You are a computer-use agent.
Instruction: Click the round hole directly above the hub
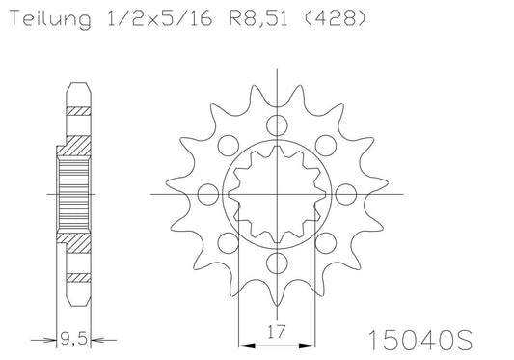point(278,125)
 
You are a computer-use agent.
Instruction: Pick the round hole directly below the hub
point(278,263)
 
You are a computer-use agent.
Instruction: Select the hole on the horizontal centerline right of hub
point(347,194)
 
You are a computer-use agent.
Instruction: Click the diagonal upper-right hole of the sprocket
point(327,145)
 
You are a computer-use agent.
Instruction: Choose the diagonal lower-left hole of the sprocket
point(229,243)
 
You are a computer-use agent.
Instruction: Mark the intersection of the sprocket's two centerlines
point(278,194)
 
